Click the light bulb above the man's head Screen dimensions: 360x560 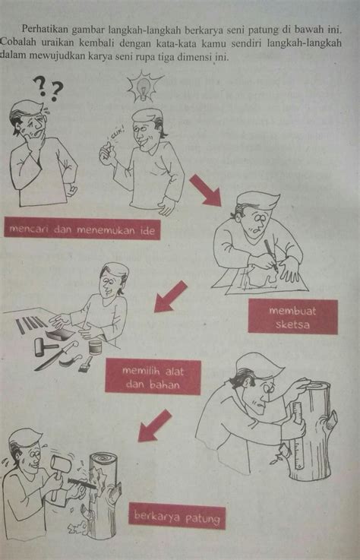144,87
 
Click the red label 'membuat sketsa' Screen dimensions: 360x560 293,317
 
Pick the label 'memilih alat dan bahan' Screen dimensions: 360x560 153,378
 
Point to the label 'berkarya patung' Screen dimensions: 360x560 177,516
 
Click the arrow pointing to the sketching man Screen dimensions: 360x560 205,191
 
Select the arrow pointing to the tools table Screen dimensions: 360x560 171,297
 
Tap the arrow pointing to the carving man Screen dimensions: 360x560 155,426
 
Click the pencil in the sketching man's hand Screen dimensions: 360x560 270,255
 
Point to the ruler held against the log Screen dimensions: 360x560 298,435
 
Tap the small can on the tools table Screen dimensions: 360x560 96,347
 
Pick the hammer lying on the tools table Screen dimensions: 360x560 44,346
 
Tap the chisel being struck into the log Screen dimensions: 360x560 81,483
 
